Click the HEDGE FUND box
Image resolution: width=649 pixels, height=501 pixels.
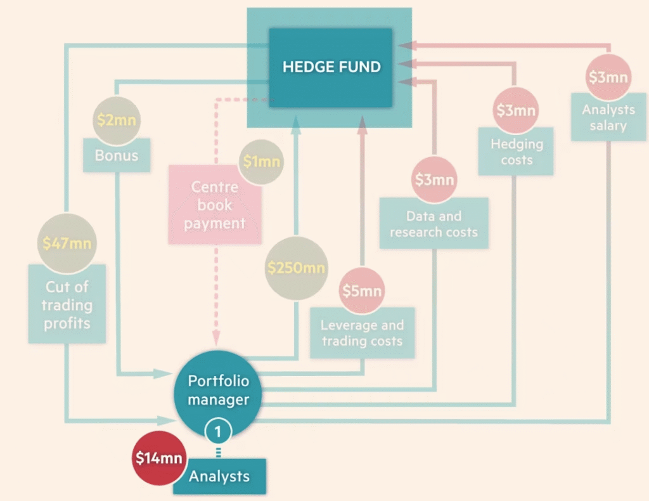click(331, 67)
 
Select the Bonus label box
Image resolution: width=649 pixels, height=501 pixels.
click(117, 155)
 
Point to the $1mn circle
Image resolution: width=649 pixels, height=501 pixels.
click(261, 162)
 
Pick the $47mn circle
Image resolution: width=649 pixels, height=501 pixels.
click(67, 243)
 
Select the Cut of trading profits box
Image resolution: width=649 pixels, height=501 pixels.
click(67, 305)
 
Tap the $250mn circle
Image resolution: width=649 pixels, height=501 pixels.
click(295, 268)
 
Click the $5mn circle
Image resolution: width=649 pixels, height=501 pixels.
click(362, 290)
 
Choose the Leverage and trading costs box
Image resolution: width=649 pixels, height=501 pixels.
click(362, 333)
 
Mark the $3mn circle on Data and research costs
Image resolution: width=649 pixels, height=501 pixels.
click(435, 179)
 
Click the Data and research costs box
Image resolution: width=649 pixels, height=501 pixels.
click(434, 224)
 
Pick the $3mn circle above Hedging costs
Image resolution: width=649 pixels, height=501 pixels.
click(516, 110)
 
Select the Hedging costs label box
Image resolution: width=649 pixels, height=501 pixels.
click(516, 152)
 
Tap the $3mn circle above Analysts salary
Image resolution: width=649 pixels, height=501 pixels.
click(608, 77)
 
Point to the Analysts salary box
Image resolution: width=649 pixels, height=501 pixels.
click(608, 117)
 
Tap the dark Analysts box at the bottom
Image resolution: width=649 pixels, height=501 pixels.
click(219, 476)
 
